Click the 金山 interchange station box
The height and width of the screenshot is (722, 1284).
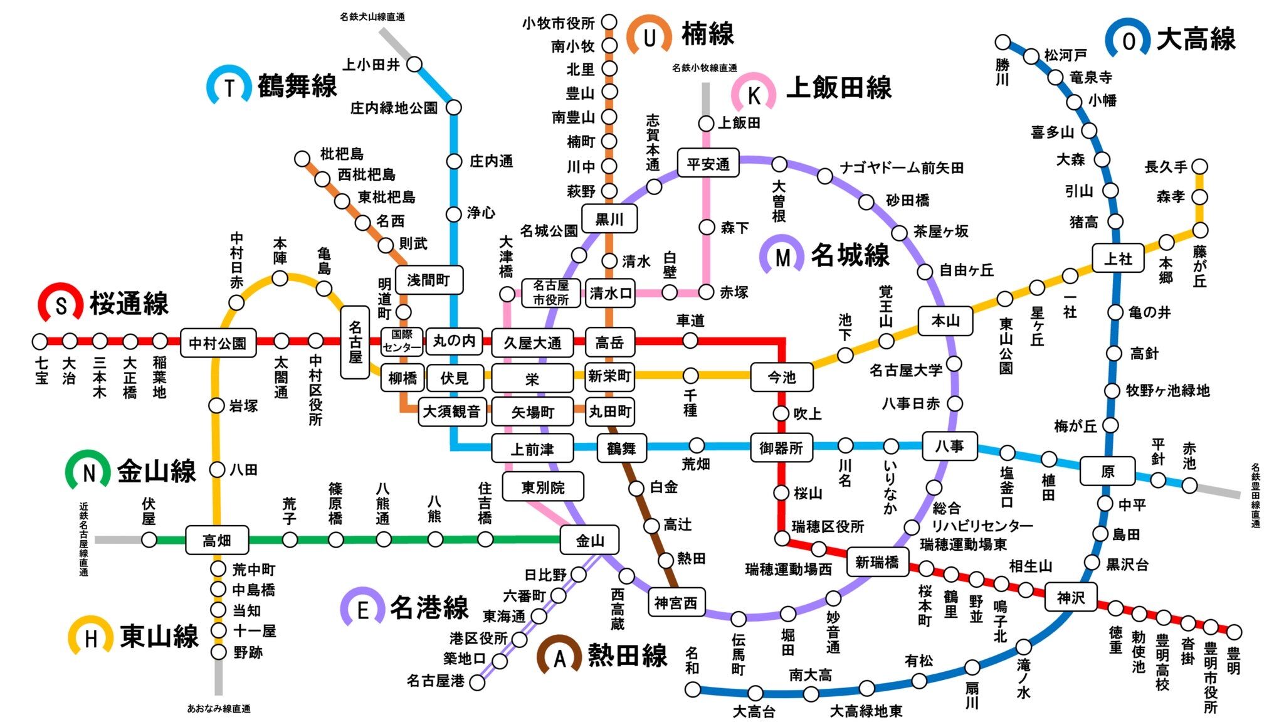click(x=589, y=540)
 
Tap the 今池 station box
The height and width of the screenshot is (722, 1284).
click(x=781, y=377)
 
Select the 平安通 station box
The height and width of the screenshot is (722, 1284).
click(x=708, y=164)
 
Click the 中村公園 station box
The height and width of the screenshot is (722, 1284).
click(x=218, y=342)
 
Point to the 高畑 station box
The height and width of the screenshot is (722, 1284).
click(x=217, y=540)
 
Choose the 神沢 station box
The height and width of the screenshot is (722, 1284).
click(x=1070, y=597)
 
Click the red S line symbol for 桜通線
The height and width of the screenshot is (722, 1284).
click(x=61, y=305)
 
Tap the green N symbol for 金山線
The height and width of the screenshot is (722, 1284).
click(x=88, y=472)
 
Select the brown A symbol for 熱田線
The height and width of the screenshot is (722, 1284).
click(x=559, y=657)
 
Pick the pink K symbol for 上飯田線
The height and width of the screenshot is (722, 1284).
click(x=754, y=95)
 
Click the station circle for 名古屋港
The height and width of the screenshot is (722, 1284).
click(x=477, y=682)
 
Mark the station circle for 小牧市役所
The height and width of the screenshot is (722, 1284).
click(x=609, y=23)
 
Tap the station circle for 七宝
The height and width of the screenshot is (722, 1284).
click(x=40, y=342)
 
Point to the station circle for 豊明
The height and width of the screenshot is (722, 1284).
click(x=1234, y=632)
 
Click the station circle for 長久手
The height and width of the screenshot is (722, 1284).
click(x=1199, y=167)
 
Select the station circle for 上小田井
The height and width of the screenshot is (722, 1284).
click(x=414, y=64)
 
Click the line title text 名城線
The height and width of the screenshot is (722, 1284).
click(x=850, y=255)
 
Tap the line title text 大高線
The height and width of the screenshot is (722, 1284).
click(x=1196, y=39)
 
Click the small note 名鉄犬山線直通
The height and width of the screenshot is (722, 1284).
click(x=372, y=17)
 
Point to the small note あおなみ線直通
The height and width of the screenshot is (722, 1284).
click(x=219, y=709)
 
